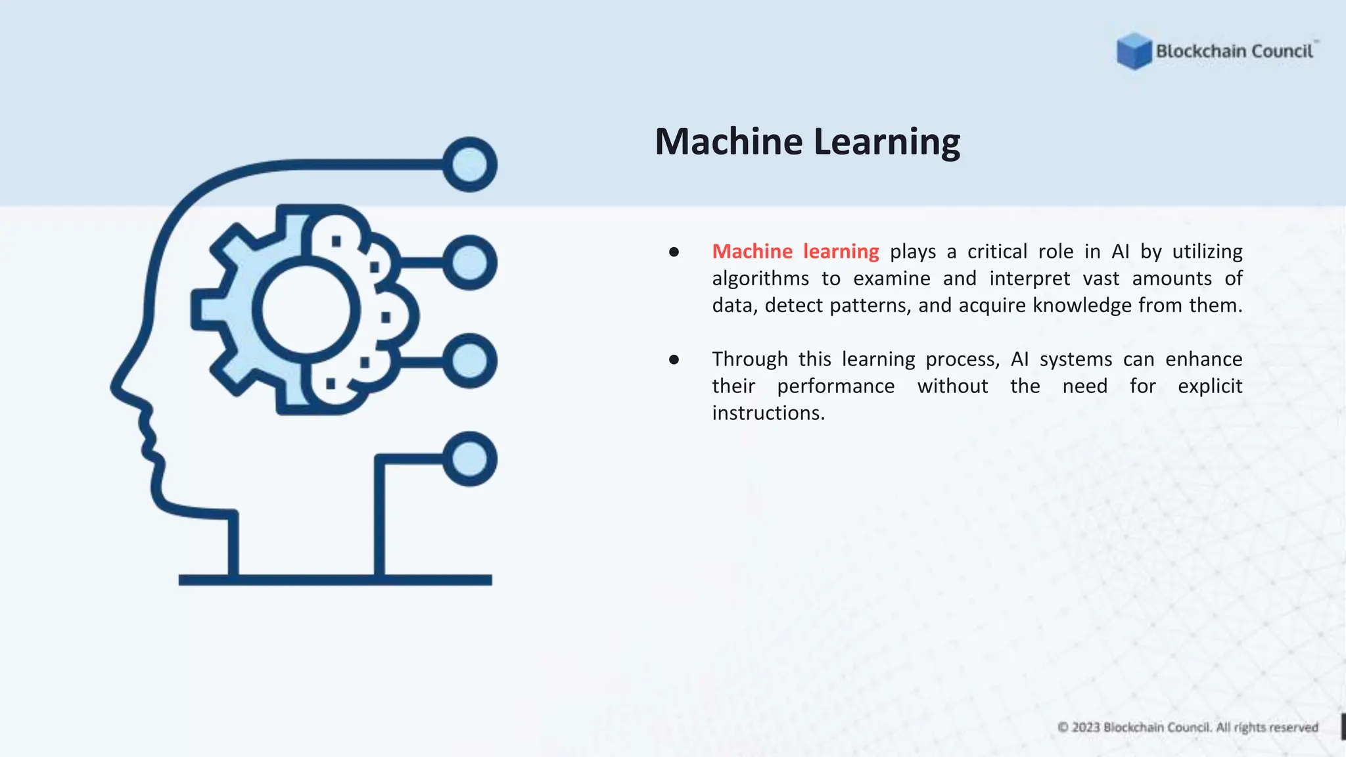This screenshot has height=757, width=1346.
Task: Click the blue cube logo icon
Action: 1134,51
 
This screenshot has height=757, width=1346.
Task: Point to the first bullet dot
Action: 674,252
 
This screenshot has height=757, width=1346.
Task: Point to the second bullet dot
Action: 674,359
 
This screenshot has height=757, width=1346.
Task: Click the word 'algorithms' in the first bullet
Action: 760,279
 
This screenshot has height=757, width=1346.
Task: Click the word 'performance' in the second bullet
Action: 835,386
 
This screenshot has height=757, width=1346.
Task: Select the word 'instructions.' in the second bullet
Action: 768,413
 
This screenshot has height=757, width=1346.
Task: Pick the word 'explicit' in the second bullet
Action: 1209,386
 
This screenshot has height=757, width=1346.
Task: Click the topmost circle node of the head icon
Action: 469,164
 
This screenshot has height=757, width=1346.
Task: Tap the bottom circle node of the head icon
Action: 469,459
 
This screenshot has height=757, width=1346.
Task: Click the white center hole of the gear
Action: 306,310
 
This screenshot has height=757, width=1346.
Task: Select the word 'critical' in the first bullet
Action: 997,252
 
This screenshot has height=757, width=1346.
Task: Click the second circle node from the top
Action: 469,263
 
